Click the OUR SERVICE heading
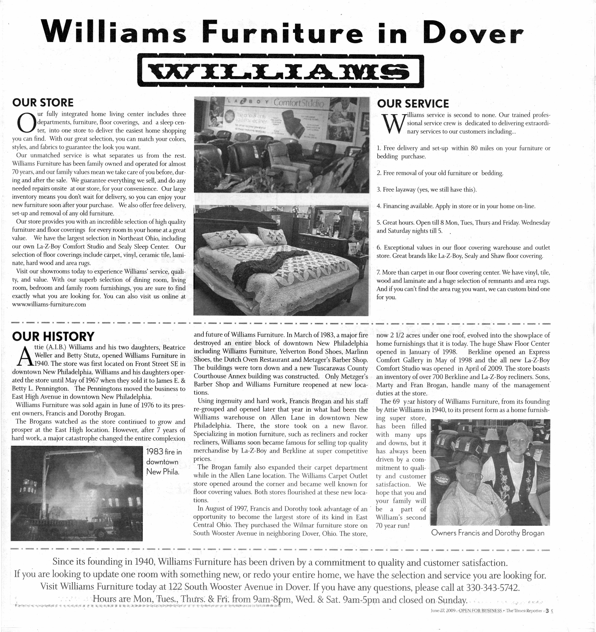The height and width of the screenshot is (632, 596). tap(413, 104)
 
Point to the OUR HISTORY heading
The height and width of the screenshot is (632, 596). tap(53, 336)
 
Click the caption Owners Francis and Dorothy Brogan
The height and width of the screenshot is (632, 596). tap(488, 533)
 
